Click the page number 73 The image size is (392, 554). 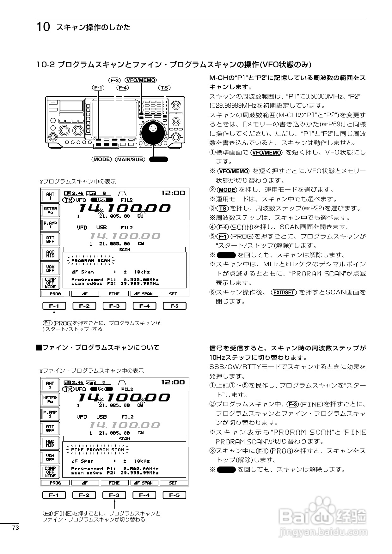[15, 528]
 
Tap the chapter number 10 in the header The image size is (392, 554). [43, 27]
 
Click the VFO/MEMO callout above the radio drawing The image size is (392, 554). [141, 80]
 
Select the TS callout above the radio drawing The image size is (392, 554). [164, 87]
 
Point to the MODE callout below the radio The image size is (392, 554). [102, 159]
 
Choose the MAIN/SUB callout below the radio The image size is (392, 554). [130, 159]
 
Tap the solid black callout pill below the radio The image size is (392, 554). [158, 159]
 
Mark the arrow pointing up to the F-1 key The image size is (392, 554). [54, 315]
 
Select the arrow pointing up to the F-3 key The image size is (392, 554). [114, 504]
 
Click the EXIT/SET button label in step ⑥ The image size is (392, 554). [284, 292]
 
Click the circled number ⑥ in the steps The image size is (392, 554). [212, 292]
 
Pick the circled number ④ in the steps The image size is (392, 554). [212, 227]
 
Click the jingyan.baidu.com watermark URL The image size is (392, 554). [323, 533]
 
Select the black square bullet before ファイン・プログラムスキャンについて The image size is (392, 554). [39, 348]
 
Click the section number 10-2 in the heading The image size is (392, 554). [46, 65]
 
